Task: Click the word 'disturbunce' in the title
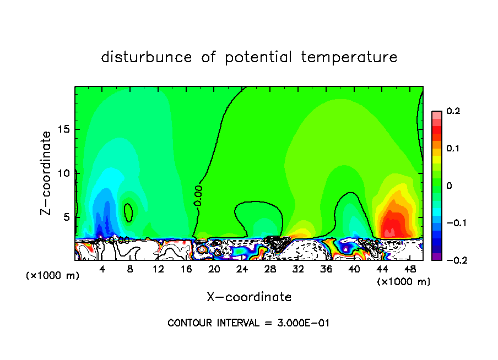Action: pos(147,57)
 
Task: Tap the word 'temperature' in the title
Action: pos(349,57)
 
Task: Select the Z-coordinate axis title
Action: pos(47,173)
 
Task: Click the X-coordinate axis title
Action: pos(249,297)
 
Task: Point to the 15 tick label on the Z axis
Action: pos(64,130)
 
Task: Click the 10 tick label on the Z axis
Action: pos(64,173)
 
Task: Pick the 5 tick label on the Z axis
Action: pos(67,217)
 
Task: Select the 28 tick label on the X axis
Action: pos(270,269)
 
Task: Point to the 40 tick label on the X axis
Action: pos(354,269)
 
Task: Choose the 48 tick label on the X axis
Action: pos(409,269)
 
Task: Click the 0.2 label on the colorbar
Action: pos(453,111)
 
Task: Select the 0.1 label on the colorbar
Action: pos(453,148)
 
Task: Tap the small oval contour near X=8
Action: pos(128,212)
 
